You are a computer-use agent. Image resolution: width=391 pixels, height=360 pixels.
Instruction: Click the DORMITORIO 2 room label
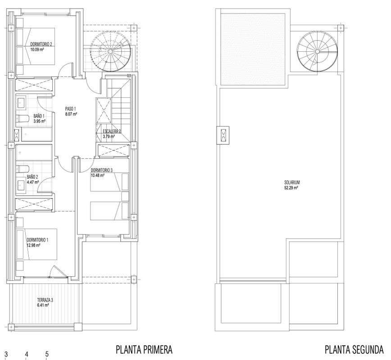[x=41, y=45]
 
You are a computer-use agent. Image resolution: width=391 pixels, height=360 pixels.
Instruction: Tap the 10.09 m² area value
[x=37, y=49]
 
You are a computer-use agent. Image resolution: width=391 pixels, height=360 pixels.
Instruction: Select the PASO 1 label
[x=70, y=108]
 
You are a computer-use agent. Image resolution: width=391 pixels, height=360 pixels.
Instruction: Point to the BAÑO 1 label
[x=39, y=116]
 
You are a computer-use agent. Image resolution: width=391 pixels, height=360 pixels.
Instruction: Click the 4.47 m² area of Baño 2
[x=33, y=182]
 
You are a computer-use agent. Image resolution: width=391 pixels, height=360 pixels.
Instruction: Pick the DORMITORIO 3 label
[x=102, y=170]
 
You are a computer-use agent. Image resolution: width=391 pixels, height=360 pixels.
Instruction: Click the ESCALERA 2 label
[x=112, y=131]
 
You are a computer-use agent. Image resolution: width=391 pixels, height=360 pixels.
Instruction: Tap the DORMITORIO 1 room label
[x=37, y=240]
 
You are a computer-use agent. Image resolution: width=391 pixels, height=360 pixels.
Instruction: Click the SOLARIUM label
[x=292, y=183]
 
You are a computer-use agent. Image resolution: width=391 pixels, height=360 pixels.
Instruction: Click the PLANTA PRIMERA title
[x=144, y=350]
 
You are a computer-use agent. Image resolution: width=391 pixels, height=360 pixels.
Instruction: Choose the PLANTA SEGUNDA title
[x=354, y=350]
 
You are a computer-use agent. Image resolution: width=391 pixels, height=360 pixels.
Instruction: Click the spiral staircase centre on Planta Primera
[x=110, y=51]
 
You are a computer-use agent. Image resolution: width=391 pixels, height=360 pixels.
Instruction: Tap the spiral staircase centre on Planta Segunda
[x=317, y=51]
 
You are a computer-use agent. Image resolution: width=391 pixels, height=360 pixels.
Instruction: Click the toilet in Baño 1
[x=23, y=119]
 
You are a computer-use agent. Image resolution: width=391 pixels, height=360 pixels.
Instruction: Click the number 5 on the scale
[x=47, y=354]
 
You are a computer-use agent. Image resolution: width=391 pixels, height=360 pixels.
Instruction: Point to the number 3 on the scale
[x=6, y=354]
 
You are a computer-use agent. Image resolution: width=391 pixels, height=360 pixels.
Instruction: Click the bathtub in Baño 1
[x=36, y=135]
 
